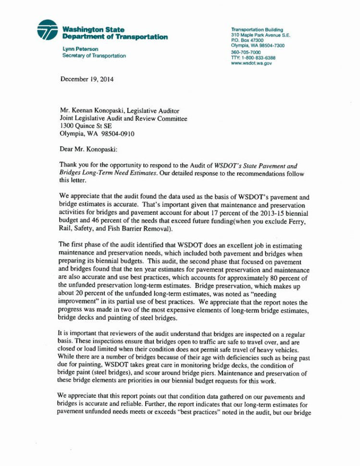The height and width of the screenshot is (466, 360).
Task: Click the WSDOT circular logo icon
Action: click(x=47, y=30)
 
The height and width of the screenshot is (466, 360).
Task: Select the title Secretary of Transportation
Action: click(x=94, y=56)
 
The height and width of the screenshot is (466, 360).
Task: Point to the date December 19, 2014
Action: click(x=87, y=79)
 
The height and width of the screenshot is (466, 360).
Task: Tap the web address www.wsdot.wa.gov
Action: click(x=251, y=63)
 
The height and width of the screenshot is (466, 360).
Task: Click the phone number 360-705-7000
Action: click(x=246, y=52)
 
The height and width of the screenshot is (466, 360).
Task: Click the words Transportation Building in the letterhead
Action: click(x=257, y=29)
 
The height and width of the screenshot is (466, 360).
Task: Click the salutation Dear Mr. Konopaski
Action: click(x=91, y=149)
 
